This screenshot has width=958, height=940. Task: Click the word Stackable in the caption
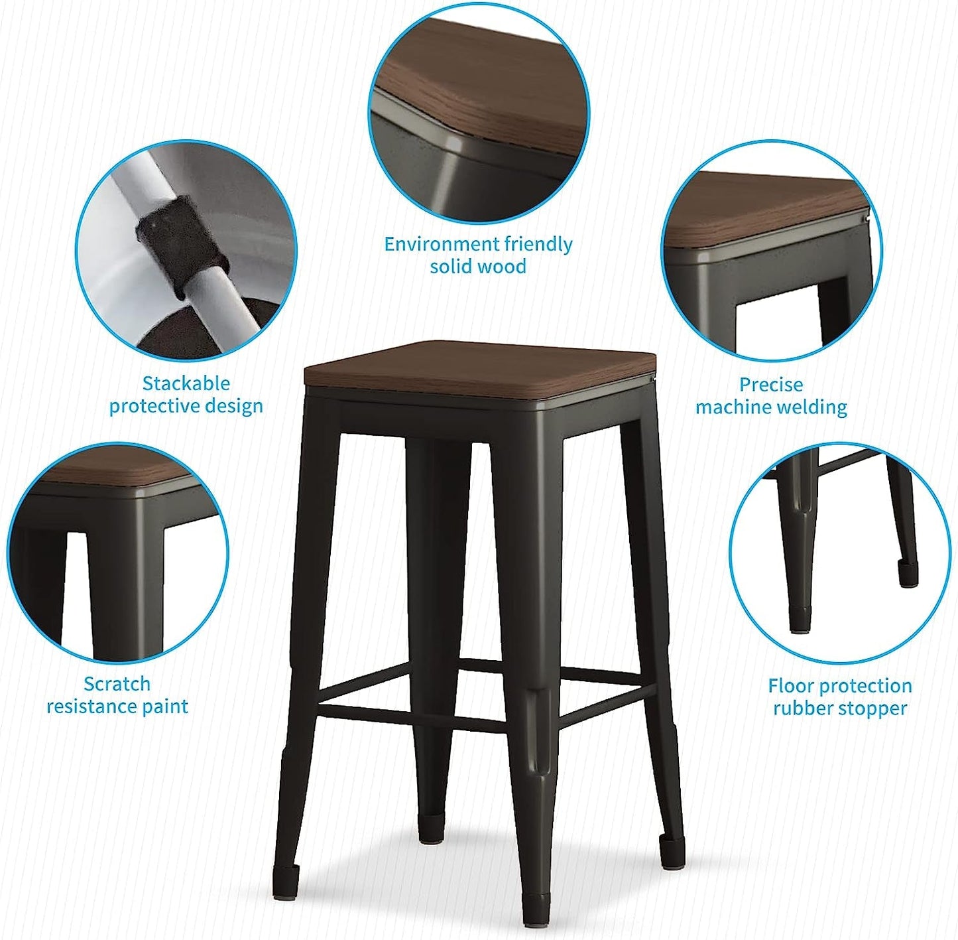186,383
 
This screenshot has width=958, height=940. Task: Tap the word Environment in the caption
442,244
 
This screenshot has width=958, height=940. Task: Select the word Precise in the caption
770,385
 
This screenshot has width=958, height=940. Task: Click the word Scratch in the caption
117,684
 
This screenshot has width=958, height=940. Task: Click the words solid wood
477,267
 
